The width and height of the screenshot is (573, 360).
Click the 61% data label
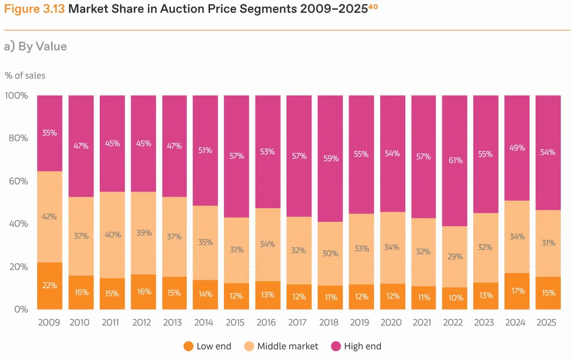[455, 160]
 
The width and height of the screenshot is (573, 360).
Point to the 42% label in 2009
[49, 217]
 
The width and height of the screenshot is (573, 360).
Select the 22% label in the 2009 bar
[49, 285]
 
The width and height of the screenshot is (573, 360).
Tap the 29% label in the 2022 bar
[455, 256]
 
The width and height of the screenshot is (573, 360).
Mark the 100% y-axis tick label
[16, 96]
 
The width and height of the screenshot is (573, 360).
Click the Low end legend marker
[188, 346]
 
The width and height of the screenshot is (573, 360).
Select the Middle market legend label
[288, 346]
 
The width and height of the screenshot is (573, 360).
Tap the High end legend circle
[335, 346]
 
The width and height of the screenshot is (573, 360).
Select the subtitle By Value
[42, 46]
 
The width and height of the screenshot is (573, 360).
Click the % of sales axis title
[25, 75]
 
